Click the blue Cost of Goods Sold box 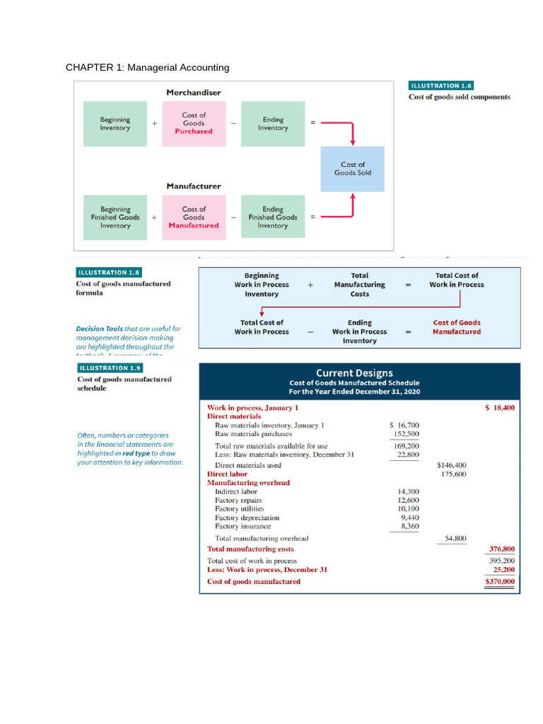pos(352,169)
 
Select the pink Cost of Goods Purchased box pos(194,124)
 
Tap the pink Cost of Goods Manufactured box pos(194,218)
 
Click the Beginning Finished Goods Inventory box pos(115,218)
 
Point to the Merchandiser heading pos(194,93)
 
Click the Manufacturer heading pos(194,186)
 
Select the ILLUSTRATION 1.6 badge pos(441,86)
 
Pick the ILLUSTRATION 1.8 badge pos(109,272)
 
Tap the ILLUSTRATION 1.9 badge pos(109,368)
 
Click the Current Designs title pos(354,373)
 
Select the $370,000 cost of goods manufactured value pos(500,582)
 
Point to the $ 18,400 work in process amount pos(500,408)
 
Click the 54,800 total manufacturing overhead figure pos(455,539)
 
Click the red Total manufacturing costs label pos(250,549)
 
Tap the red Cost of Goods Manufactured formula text pos(457,327)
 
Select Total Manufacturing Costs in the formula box pos(359,285)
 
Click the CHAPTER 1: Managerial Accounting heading pos(147,68)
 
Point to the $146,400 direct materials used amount pos(452,465)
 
